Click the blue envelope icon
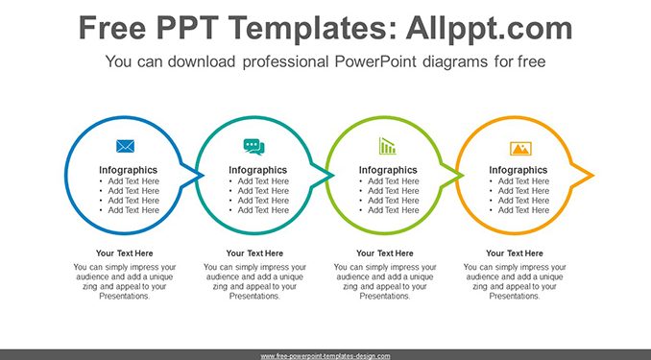[x=125, y=146]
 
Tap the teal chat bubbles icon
[x=253, y=147]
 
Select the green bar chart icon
[x=387, y=146]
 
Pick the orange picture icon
[x=520, y=148]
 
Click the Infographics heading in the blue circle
[x=128, y=170]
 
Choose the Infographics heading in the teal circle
[x=258, y=170]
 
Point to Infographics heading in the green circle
[x=388, y=170]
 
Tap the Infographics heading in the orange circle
[x=518, y=170]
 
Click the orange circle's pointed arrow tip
[x=593, y=176]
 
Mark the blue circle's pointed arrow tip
[x=203, y=176]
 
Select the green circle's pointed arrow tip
[x=463, y=176]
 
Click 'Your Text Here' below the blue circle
[x=125, y=253]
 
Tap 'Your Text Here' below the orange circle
[x=515, y=253]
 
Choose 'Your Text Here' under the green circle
[x=385, y=253]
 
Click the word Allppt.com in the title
[x=489, y=28]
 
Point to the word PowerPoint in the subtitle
[x=375, y=61]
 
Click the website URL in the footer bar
[x=325, y=356]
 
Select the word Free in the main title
[x=112, y=28]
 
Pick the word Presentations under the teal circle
[x=254, y=296]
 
